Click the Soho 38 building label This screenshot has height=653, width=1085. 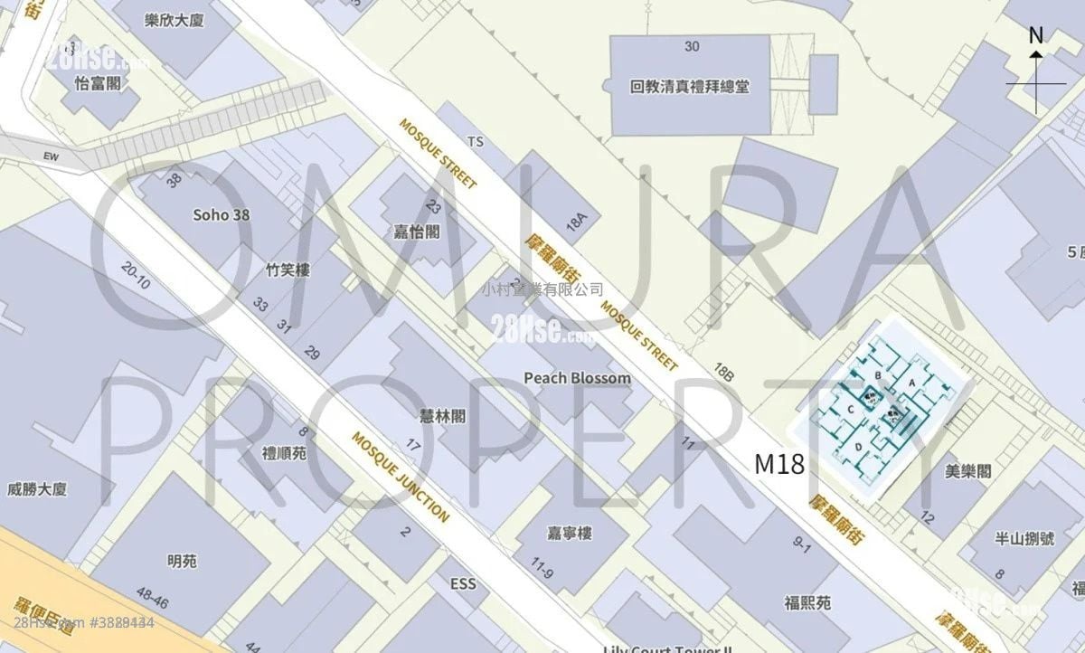(x=222, y=215)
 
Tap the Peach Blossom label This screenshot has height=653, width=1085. (x=577, y=377)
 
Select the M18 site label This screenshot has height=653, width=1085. (x=779, y=465)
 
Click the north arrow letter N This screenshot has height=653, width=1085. (x=1036, y=35)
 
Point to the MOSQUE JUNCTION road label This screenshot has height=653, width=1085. (x=400, y=477)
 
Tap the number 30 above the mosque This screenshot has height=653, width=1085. (x=693, y=46)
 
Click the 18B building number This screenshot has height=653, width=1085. (x=723, y=369)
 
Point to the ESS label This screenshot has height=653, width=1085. (x=462, y=584)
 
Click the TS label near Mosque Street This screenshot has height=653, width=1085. (x=476, y=141)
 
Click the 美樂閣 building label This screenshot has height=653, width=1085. (x=967, y=471)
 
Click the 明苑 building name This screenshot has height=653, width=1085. (x=182, y=561)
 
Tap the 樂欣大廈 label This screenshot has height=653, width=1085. (x=174, y=20)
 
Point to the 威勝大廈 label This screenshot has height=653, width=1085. (x=38, y=490)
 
